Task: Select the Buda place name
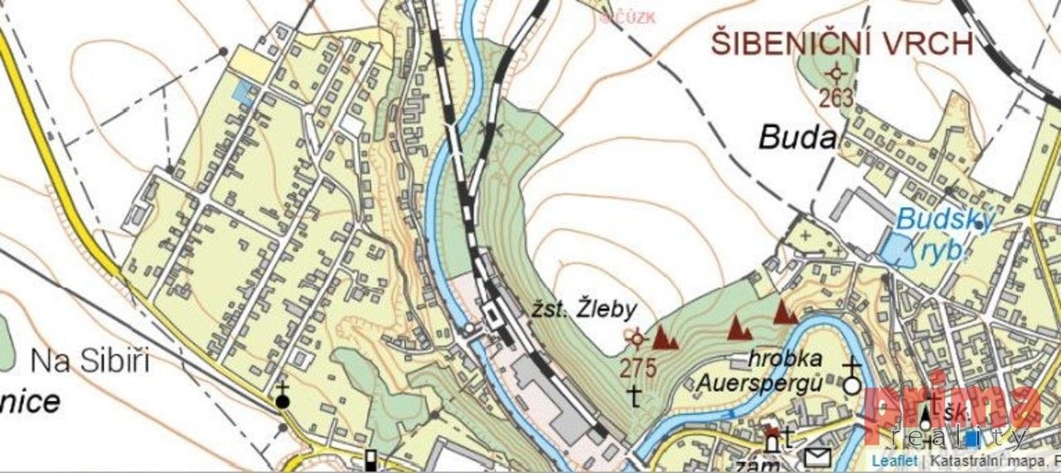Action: click(x=797, y=138)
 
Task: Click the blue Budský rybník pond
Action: click(x=894, y=249)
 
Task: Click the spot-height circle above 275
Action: click(x=637, y=337)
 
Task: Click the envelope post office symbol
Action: click(x=818, y=456)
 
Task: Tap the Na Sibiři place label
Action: click(x=90, y=362)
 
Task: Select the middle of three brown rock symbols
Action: click(x=738, y=329)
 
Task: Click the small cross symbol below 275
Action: click(x=635, y=396)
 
